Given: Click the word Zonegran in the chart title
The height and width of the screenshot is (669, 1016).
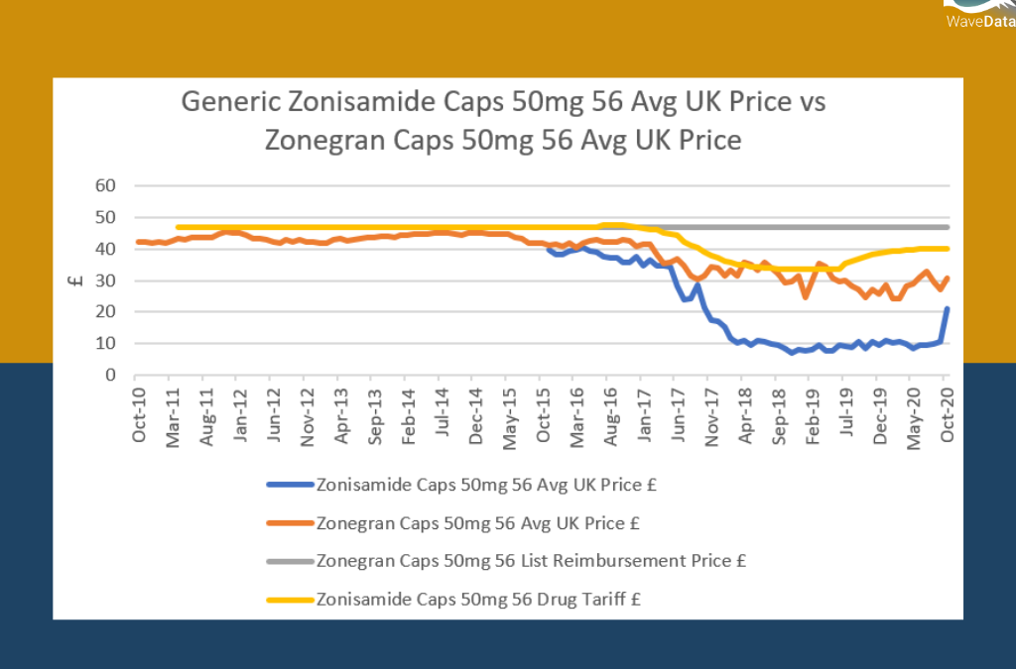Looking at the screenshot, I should click(323, 139).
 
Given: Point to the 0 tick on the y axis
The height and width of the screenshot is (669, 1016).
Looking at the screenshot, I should click(112, 376).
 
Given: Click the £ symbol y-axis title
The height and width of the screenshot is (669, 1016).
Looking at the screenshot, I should click(74, 280).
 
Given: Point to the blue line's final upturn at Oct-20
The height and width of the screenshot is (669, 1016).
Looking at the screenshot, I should click(947, 310).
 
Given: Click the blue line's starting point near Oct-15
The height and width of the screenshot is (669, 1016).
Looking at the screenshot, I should click(549, 248).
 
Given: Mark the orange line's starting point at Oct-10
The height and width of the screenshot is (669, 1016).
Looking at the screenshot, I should click(140, 242).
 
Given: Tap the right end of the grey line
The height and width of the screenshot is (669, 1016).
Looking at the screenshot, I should click(947, 227).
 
